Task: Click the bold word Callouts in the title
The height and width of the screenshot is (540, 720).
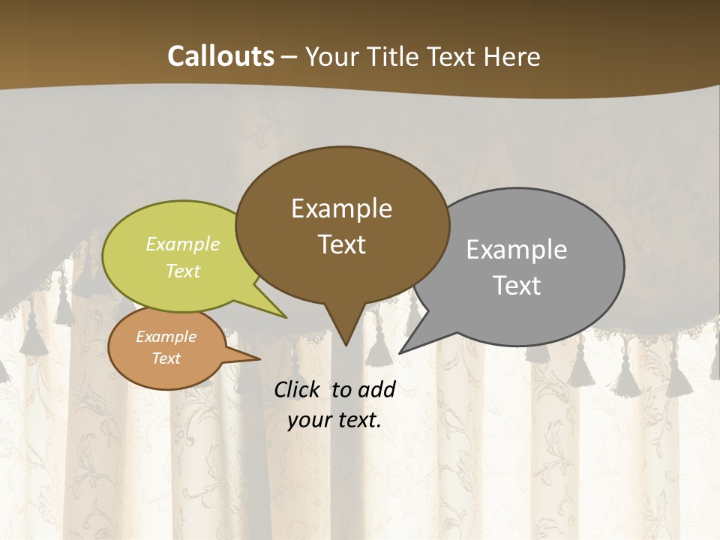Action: pos(220,56)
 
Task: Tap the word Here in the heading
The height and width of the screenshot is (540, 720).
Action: pos(512,56)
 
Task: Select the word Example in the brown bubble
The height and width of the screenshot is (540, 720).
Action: pos(341,208)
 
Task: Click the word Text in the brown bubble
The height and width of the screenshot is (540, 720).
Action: pos(341,244)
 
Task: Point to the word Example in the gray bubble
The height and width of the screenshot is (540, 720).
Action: pos(517,250)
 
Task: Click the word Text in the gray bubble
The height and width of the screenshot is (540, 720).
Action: pos(517,286)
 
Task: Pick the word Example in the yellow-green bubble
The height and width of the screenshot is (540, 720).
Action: pos(183,244)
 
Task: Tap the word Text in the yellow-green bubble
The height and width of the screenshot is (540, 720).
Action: pos(183,271)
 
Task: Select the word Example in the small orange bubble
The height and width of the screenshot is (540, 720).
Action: pos(166,337)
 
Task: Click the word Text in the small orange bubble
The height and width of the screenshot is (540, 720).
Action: pos(166,358)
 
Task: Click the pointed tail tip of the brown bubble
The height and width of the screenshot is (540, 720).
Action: pos(345,345)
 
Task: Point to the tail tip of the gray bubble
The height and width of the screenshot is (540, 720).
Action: pos(400,352)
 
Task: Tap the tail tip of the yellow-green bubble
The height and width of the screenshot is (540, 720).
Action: pos(286,317)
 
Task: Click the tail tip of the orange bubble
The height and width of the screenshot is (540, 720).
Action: pos(259,358)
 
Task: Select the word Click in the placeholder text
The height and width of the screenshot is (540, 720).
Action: pos(298,390)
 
